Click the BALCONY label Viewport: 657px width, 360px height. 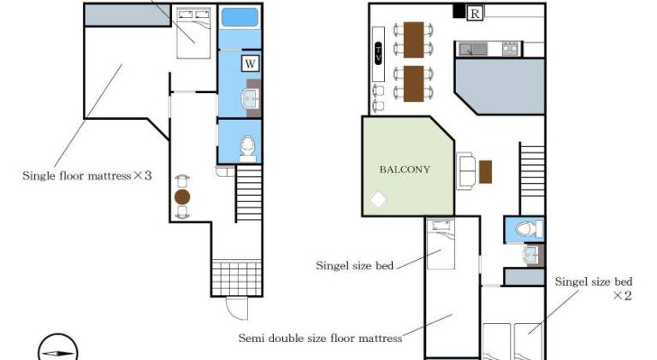pos(405,169)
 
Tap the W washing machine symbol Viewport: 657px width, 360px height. pos(250,63)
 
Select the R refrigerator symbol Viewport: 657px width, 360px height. pos(475,14)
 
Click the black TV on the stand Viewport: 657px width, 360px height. pos(378,54)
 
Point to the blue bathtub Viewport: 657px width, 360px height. pos(240,18)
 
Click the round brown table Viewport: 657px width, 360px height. pos(182,197)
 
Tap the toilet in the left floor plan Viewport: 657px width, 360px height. pos(247,149)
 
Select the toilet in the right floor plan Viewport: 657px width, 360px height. pos(529,229)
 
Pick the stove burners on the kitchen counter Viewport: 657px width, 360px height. pos(510,49)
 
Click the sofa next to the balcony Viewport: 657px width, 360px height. pos(466,171)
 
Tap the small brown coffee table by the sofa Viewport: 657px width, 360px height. pos(486,172)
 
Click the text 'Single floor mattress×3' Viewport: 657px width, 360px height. pos(86,176)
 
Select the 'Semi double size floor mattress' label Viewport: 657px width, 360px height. pos(320,338)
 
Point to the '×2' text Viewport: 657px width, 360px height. pos(622,296)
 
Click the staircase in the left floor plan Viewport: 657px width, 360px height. pos(249,193)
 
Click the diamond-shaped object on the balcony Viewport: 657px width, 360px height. pos(378,199)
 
